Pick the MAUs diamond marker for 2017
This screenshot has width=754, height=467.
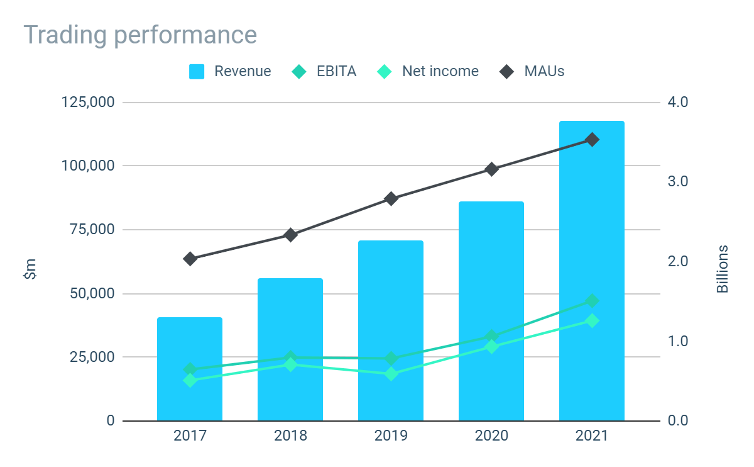[190, 259]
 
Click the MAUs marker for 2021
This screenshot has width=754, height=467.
[592, 140]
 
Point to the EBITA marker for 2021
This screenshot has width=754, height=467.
[592, 301]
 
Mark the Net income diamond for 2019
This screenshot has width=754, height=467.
[391, 374]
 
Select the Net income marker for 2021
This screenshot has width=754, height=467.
[592, 320]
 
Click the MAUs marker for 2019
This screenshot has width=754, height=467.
[391, 199]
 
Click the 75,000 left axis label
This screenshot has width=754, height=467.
[92, 229]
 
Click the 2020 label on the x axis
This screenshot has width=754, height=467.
[491, 436]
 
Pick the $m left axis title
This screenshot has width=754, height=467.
[30, 268]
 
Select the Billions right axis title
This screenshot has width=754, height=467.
[723, 268]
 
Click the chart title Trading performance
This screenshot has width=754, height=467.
[140, 35]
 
